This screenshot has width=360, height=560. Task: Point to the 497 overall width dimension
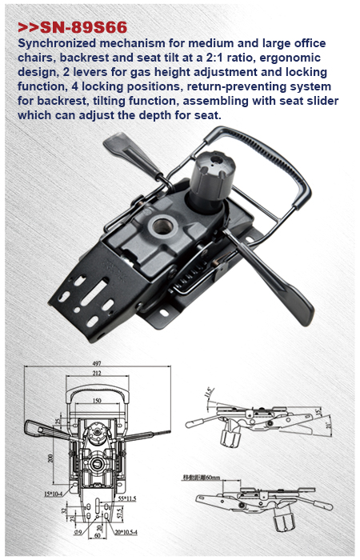pos(97,362)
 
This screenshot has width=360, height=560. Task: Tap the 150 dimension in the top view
pos(96,400)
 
